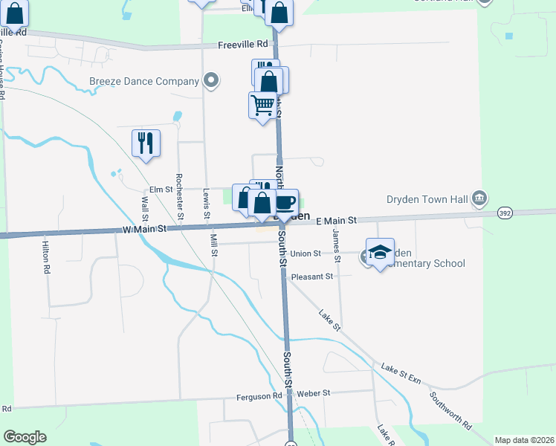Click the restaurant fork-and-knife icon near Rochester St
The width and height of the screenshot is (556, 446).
click(146, 143)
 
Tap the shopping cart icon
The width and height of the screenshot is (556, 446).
click(262, 106)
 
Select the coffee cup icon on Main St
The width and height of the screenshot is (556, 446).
click(286, 201)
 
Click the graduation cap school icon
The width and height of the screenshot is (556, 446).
click(380, 252)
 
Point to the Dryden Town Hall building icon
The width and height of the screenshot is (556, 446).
click(479, 198)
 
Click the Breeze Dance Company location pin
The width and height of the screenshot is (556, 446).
click(211, 80)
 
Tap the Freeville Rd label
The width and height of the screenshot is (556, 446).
click(242, 45)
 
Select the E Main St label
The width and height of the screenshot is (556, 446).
click(337, 221)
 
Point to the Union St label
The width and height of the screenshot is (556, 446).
click(305, 253)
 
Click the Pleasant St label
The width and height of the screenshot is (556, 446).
click(311, 277)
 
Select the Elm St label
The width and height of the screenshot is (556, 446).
click(161, 190)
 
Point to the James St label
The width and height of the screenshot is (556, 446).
click(335, 239)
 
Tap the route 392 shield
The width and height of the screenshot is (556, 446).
click(505, 213)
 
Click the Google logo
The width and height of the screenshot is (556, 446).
click(25, 437)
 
